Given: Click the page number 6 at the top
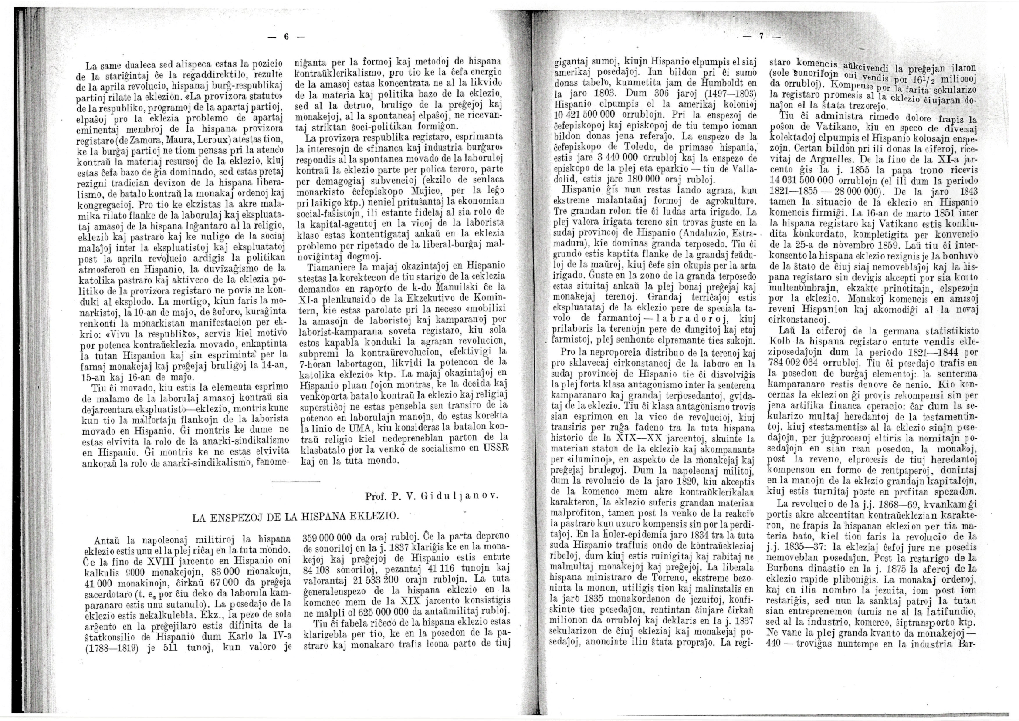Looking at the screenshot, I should [x=286, y=38].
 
